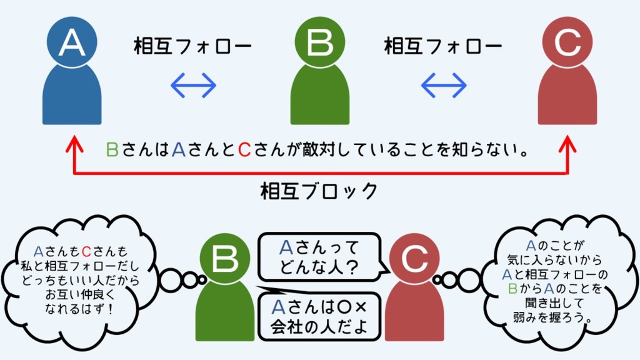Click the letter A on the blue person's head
tap(72, 42)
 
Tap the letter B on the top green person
tap(320, 42)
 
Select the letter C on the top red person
tap(567, 42)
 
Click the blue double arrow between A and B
tap(194, 86)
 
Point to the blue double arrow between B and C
tap(444, 86)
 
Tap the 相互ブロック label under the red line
tap(319, 191)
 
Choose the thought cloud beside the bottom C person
tap(558, 279)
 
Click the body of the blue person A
tap(72, 97)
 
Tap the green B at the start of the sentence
tap(112, 151)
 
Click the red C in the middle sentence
tap(245, 151)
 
